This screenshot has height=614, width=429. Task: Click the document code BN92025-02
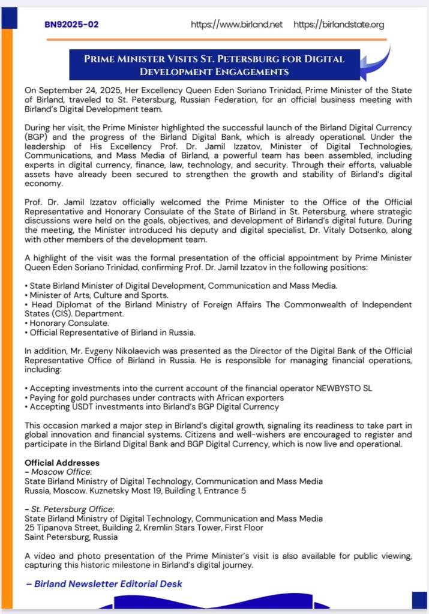click(x=71, y=25)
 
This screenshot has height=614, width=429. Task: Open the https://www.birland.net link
click(x=236, y=25)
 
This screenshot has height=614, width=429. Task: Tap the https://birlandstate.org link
click(x=339, y=25)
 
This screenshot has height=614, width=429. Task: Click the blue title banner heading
click(x=214, y=65)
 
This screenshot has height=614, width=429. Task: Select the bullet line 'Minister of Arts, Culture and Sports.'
click(x=94, y=295)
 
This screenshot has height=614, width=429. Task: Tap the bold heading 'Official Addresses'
click(x=62, y=463)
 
